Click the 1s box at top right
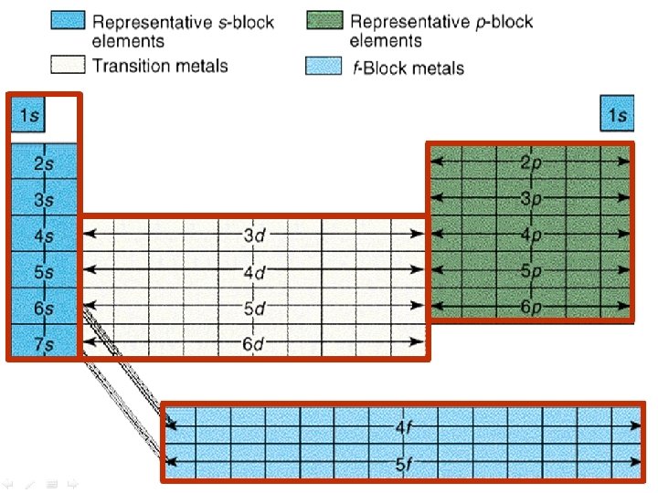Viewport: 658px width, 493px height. coord(618,116)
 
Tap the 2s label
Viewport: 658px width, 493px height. coord(43,163)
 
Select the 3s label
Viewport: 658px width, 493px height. coord(43,199)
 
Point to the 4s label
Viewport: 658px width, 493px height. coord(43,236)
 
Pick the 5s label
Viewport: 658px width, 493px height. coord(43,272)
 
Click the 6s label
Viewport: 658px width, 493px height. coord(43,309)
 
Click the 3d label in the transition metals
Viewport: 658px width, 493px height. coord(254,235)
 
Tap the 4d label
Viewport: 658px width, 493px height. coord(254,271)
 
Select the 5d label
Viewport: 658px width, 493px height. coord(254,308)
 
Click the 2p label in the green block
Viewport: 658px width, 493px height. coord(530,163)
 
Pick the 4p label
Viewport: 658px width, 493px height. coord(530,235)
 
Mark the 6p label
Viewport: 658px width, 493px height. coord(530,307)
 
